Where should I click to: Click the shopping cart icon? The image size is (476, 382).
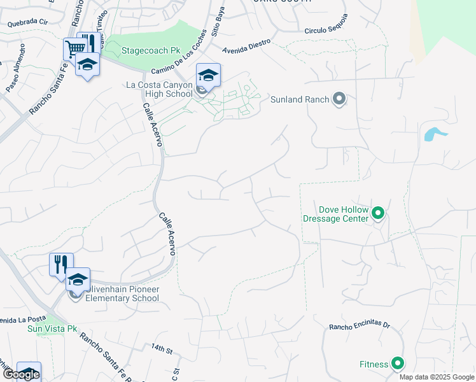pyautogui.click(x=74, y=48)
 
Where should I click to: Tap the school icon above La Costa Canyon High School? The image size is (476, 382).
pyautogui.click(x=208, y=74)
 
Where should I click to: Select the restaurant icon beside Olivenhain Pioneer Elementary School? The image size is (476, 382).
pyautogui.click(x=61, y=264)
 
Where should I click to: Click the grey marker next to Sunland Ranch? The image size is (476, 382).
pyautogui.click(x=339, y=99)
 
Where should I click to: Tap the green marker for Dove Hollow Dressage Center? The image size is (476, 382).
pyautogui.click(x=378, y=213)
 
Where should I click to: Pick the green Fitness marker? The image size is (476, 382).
pyautogui.click(x=398, y=364)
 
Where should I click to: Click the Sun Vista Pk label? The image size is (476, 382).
pyautogui.click(x=52, y=329)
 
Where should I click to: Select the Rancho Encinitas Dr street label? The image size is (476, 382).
pyautogui.click(x=359, y=326)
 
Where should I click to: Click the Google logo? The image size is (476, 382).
pyautogui.click(x=20, y=374)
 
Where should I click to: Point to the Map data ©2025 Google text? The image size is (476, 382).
pyautogui.click(x=437, y=377)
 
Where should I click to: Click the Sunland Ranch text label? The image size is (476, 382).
pyautogui.click(x=300, y=99)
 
